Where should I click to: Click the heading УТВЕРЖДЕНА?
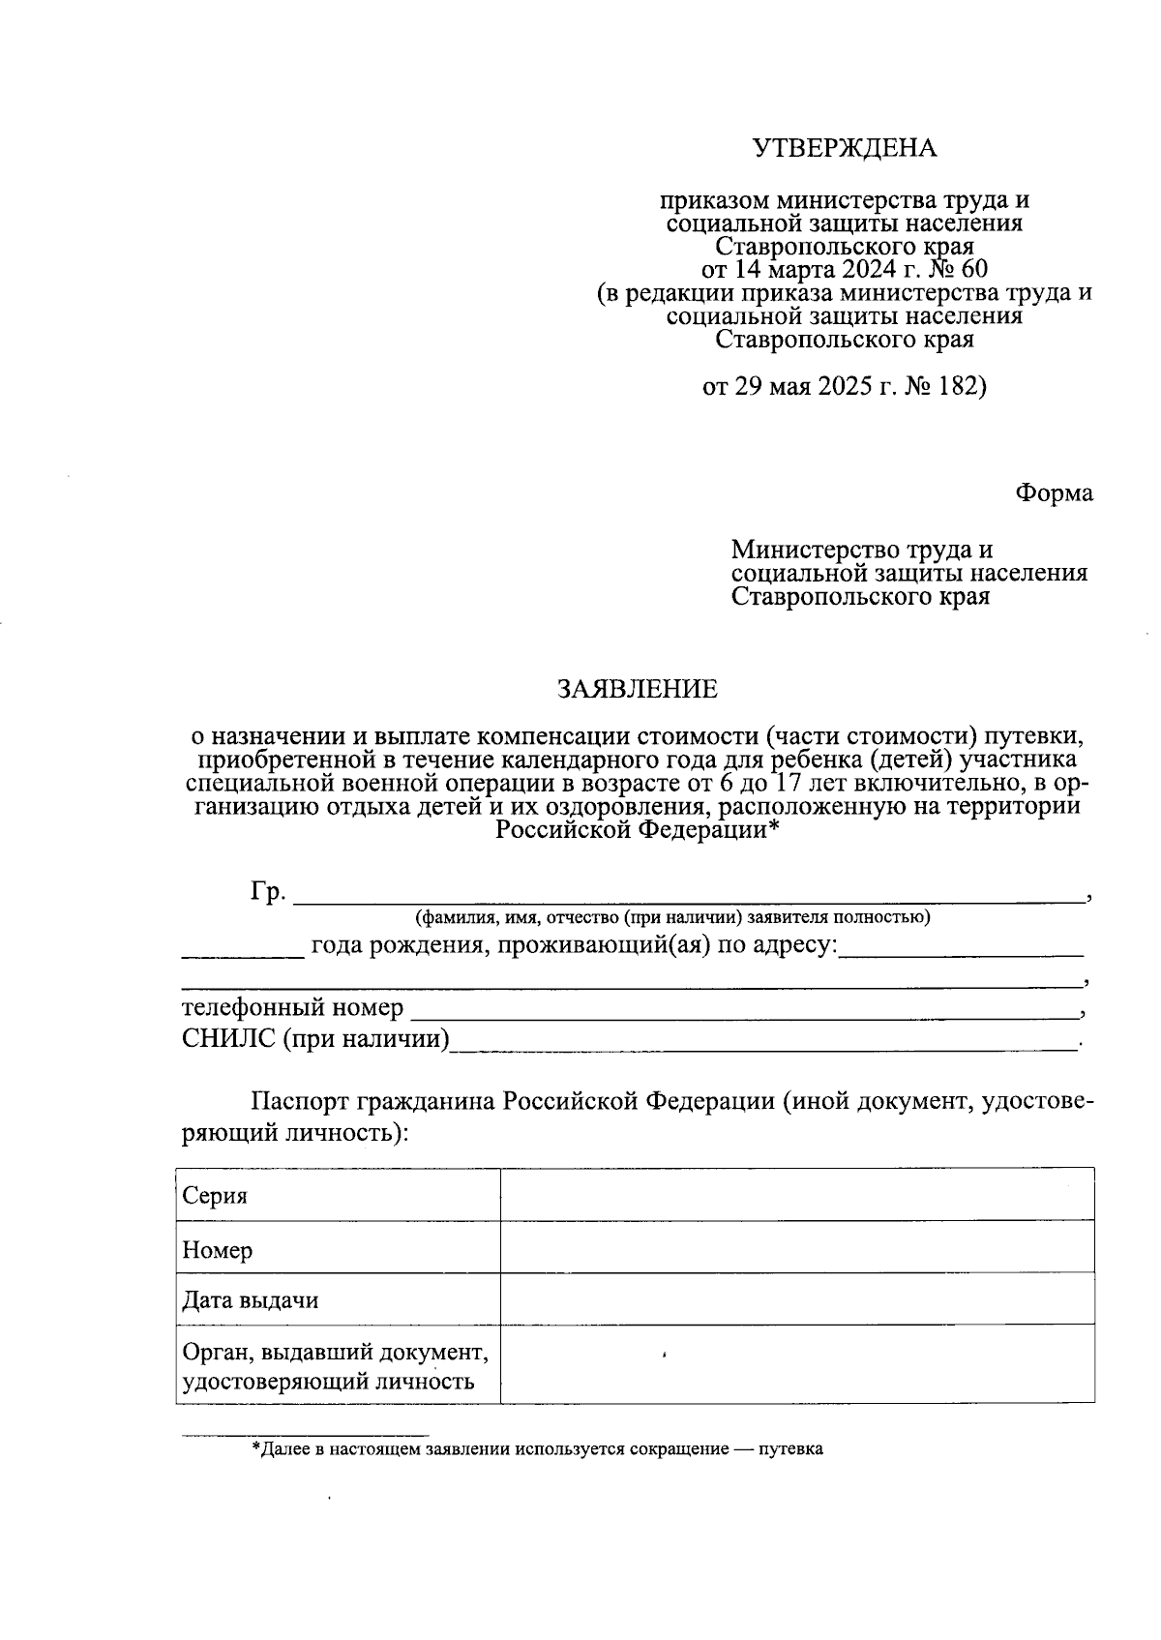click(845, 148)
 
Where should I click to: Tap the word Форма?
click(1054, 493)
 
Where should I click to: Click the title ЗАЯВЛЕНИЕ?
click(637, 689)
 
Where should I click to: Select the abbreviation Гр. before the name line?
click(268, 891)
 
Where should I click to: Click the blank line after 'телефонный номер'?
click(745, 1013)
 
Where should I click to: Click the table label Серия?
click(215, 1197)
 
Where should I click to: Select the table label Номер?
click(218, 1250)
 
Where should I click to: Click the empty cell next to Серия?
click(796, 1195)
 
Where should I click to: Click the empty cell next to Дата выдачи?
click(796, 1299)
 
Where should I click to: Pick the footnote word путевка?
click(789, 1449)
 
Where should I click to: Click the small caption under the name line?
click(671, 917)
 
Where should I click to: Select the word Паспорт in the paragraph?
click(300, 1102)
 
